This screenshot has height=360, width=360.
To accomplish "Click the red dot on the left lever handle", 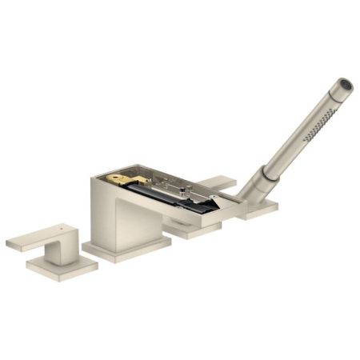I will pyautogui.click(x=61, y=227).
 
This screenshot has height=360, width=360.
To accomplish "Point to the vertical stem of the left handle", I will pyautogui.click(x=58, y=250).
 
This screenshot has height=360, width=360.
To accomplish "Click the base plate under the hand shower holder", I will pyautogui.click(x=257, y=210).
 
